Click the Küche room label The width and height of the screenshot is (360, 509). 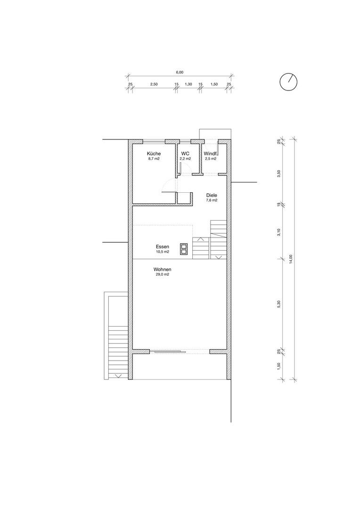[154, 154]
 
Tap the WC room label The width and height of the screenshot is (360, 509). [185, 154]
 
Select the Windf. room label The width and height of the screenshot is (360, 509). [210, 154]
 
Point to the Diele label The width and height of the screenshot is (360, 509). [212, 196]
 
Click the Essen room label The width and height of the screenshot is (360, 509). [162, 246]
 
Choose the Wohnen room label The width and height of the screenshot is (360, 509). [162, 270]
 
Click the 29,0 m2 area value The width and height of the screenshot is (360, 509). [162, 275]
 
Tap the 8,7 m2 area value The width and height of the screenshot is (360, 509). [154, 159]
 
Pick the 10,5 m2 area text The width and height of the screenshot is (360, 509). [162, 252]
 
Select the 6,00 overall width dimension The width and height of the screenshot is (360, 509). [180, 73]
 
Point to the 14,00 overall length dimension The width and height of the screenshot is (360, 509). [291, 259]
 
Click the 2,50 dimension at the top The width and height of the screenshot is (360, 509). [154, 84]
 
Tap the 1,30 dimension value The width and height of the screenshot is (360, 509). [188, 84]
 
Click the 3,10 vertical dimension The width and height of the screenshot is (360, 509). [278, 232]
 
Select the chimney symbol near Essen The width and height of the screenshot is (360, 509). [183, 248]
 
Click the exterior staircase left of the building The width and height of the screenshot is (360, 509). [118, 352]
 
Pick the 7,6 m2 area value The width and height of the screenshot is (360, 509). [212, 200]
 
